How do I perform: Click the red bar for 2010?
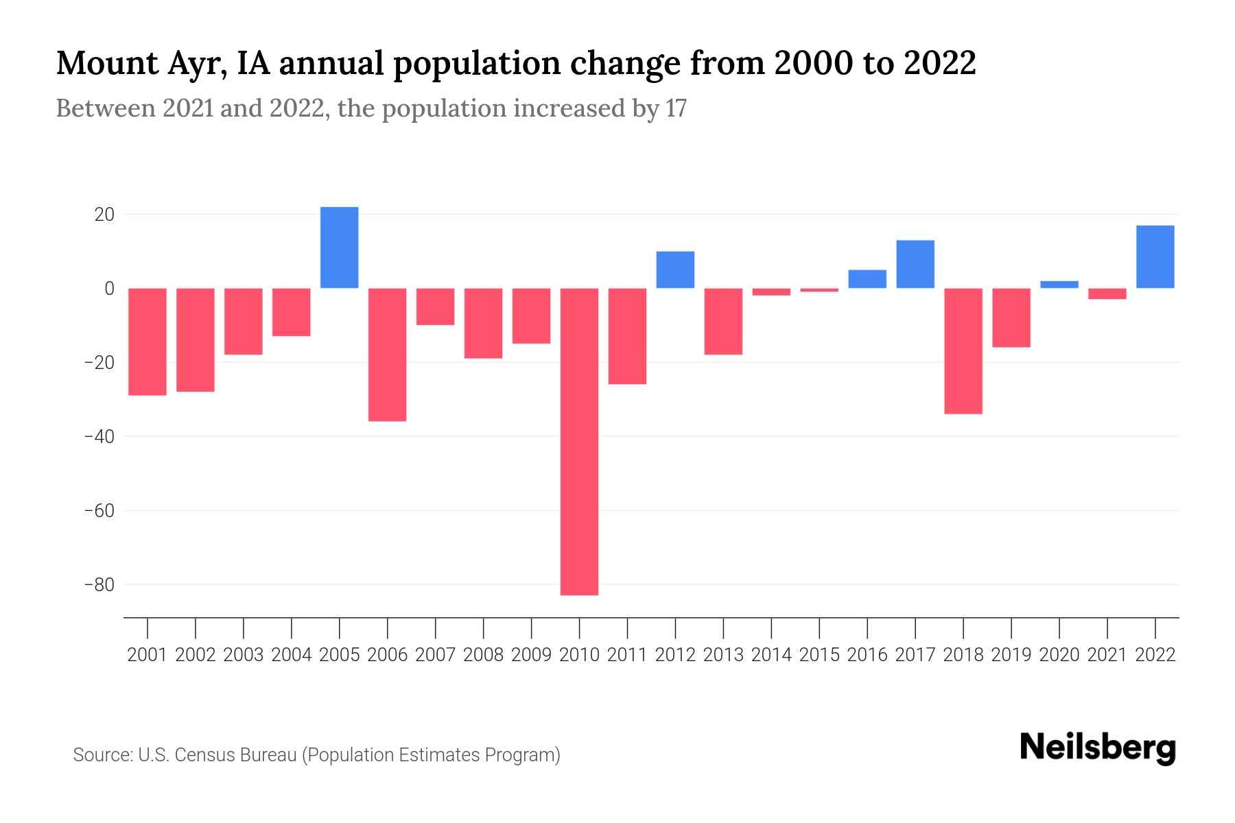(x=579, y=441)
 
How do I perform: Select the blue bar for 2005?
(x=340, y=248)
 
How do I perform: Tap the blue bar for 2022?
(x=1155, y=257)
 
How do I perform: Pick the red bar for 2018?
(x=963, y=350)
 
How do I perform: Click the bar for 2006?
(x=388, y=354)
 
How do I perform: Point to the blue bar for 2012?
(x=675, y=270)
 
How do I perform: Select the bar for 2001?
(x=148, y=342)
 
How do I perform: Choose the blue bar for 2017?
(x=915, y=264)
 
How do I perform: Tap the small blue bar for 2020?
(x=1059, y=285)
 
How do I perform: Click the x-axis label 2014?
(x=771, y=655)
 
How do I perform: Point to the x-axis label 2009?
(x=531, y=655)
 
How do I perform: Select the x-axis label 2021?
(x=1107, y=655)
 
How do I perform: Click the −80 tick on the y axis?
(x=99, y=585)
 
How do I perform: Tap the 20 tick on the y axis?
(x=104, y=215)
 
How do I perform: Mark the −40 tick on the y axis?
(x=99, y=437)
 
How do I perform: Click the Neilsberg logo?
(x=1098, y=749)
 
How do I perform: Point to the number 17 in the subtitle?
(x=676, y=109)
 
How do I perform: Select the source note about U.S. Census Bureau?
(x=316, y=755)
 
